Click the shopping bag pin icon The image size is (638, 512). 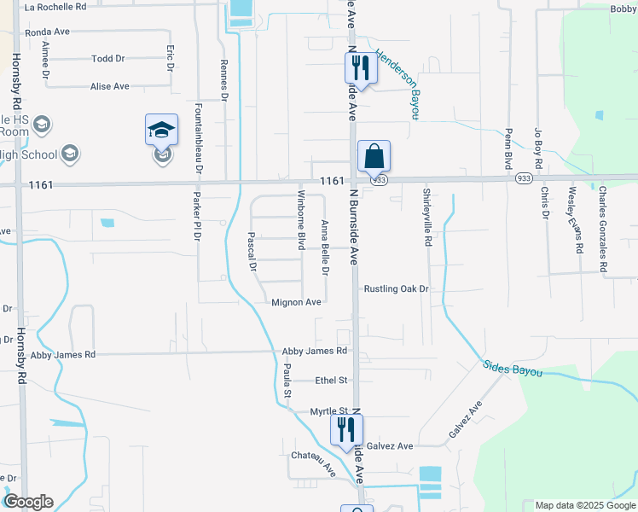[x=374, y=157]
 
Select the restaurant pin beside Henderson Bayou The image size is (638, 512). [x=361, y=67]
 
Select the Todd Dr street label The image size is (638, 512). [x=108, y=59]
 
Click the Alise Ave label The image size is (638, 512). [x=110, y=86]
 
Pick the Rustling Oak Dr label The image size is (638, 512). [x=396, y=289]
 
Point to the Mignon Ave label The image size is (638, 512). [x=296, y=302]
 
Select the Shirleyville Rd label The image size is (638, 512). [x=427, y=218]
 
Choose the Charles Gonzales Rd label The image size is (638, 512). [x=602, y=230]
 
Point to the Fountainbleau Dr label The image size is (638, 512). [x=198, y=137]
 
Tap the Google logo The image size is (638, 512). [x=28, y=502]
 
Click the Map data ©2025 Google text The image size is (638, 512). [x=583, y=505]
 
